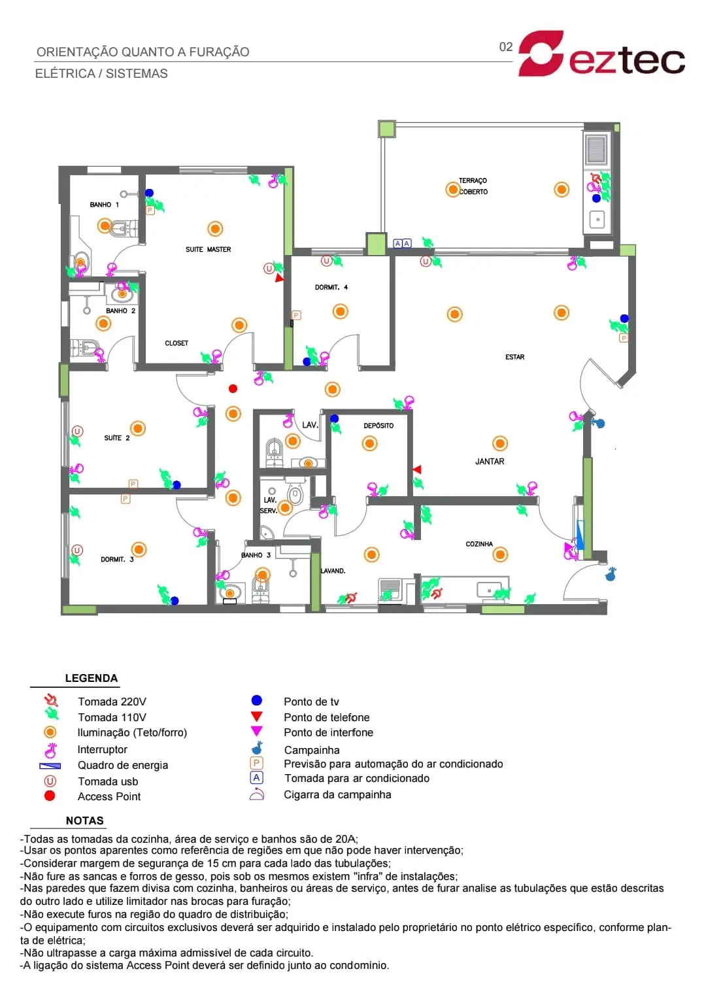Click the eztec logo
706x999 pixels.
(x=601, y=54)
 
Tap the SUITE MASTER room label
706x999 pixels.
(x=209, y=249)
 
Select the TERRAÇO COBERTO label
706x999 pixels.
(x=473, y=186)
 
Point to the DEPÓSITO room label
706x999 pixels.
(x=378, y=426)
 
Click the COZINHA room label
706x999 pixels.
(x=479, y=544)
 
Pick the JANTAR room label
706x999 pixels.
(x=489, y=462)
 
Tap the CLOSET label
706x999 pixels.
(x=176, y=343)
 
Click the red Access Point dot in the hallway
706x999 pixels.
(x=233, y=389)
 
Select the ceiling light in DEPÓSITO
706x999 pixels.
(x=369, y=443)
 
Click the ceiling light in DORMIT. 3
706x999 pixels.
(x=139, y=549)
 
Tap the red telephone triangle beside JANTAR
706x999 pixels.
(x=416, y=469)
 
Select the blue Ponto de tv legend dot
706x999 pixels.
(x=256, y=700)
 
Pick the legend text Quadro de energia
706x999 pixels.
(x=123, y=766)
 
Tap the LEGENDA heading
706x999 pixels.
(x=92, y=679)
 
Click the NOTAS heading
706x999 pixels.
(x=85, y=821)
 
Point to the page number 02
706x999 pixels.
(x=506, y=47)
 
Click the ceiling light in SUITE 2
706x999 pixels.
(x=138, y=429)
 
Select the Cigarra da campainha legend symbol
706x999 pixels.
(x=256, y=794)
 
